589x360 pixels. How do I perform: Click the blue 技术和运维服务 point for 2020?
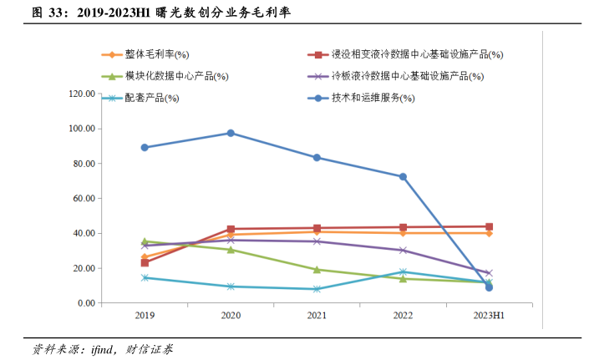pyautogui.click(x=231, y=133)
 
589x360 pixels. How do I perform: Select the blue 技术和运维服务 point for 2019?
pyautogui.click(x=145, y=147)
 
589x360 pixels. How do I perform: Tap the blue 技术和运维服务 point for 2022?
pyautogui.click(x=403, y=176)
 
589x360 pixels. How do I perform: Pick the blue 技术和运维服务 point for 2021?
pyautogui.click(x=317, y=157)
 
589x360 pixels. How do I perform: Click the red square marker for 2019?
pyautogui.click(x=145, y=262)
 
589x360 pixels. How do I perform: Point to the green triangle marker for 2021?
pyautogui.click(x=317, y=270)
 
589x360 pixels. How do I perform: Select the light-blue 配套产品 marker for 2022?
pyautogui.click(x=403, y=271)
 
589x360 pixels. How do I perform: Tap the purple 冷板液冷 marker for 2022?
pyautogui.click(x=403, y=250)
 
